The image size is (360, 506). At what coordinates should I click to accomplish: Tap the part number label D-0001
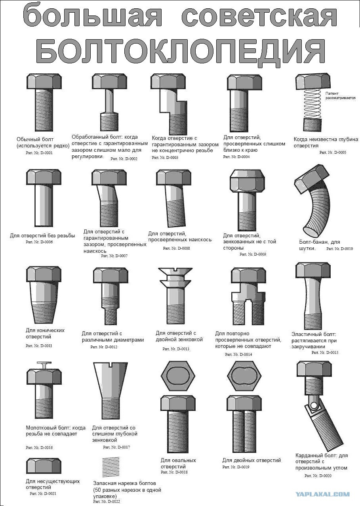pyautogui.click(x=39, y=153)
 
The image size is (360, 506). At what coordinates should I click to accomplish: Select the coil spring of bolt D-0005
pyautogui.click(x=312, y=104)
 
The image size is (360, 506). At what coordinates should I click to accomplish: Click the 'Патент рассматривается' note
pyautogui.click(x=340, y=95)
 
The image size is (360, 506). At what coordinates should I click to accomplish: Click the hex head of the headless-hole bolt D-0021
pyautogui.click(x=44, y=466)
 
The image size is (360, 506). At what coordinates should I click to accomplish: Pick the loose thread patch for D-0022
pyautogui.click(x=110, y=466)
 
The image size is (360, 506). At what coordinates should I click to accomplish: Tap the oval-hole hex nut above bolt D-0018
pyautogui.click(x=178, y=376)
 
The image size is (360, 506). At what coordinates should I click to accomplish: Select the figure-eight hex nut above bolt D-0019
pyautogui.click(x=244, y=376)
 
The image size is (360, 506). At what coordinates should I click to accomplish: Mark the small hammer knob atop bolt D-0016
pyautogui.click(x=44, y=365)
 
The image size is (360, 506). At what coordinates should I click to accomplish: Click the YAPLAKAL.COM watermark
pyautogui.click(x=322, y=494)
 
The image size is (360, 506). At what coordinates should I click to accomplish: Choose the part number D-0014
pyautogui.click(x=238, y=354)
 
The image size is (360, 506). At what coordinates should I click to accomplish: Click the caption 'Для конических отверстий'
pyautogui.click(x=45, y=333)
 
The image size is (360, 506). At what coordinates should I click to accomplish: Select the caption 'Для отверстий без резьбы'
pyautogui.click(x=42, y=236)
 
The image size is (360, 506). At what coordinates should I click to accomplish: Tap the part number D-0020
pyautogui.click(x=318, y=475)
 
